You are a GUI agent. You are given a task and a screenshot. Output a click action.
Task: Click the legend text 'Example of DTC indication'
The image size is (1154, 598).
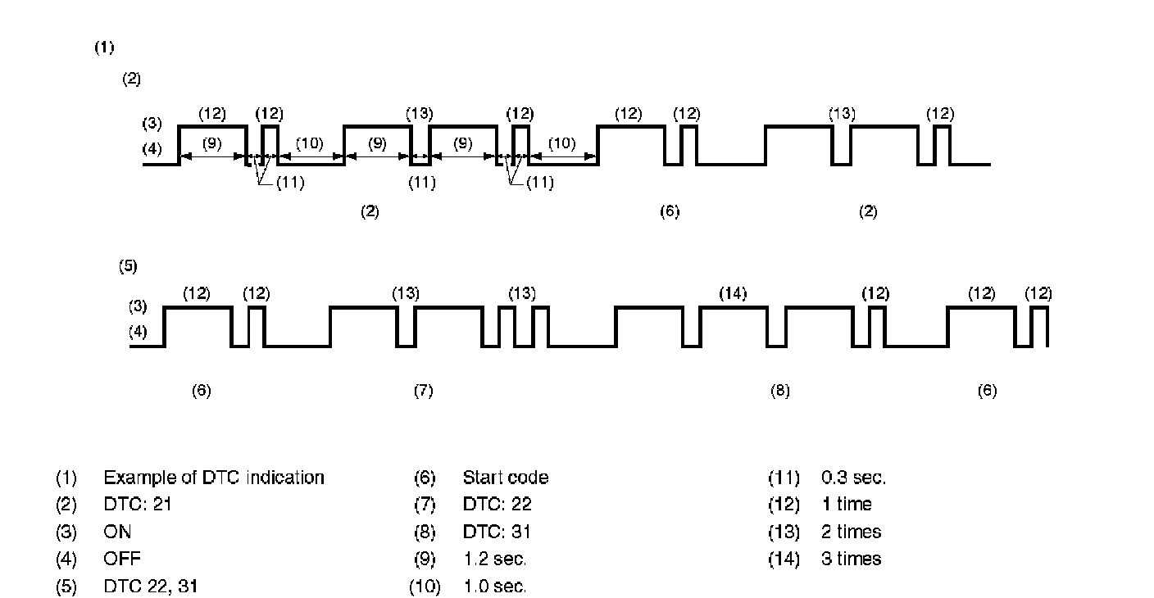(213, 478)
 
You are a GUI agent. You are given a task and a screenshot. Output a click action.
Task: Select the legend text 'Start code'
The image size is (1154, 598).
(505, 478)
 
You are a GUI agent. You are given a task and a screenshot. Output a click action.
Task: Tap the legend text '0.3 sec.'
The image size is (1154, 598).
(853, 478)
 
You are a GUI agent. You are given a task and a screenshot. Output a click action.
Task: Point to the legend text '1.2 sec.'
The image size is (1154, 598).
(494, 559)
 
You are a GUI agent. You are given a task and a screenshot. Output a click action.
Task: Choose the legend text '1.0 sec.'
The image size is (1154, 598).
(494, 587)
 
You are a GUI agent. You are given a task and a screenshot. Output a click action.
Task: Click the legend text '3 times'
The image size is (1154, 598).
(851, 559)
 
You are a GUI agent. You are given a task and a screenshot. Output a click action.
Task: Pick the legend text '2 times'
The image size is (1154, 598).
(851, 532)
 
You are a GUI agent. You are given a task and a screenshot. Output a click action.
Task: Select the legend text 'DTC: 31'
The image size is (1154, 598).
(497, 532)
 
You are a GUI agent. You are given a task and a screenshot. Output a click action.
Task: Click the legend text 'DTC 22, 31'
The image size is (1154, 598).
(150, 587)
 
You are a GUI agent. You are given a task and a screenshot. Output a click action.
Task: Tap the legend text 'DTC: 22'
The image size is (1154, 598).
(497, 505)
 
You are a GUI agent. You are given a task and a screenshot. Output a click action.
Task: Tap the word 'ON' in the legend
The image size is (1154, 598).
(117, 532)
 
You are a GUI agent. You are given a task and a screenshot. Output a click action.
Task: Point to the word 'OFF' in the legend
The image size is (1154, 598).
(121, 559)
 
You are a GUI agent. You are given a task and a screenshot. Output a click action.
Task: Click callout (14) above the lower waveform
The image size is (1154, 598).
(733, 293)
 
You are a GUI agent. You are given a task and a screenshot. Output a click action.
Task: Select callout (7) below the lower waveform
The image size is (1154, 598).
(423, 392)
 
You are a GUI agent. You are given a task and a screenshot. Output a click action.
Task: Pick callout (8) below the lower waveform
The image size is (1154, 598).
(779, 392)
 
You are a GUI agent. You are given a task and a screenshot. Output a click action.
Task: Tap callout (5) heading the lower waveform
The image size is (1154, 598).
(128, 266)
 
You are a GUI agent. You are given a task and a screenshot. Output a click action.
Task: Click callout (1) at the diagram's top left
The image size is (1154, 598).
(104, 48)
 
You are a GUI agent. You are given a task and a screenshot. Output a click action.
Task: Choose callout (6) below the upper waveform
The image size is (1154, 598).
(670, 212)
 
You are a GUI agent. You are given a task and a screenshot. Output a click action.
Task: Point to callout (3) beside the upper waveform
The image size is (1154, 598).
(152, 124)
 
